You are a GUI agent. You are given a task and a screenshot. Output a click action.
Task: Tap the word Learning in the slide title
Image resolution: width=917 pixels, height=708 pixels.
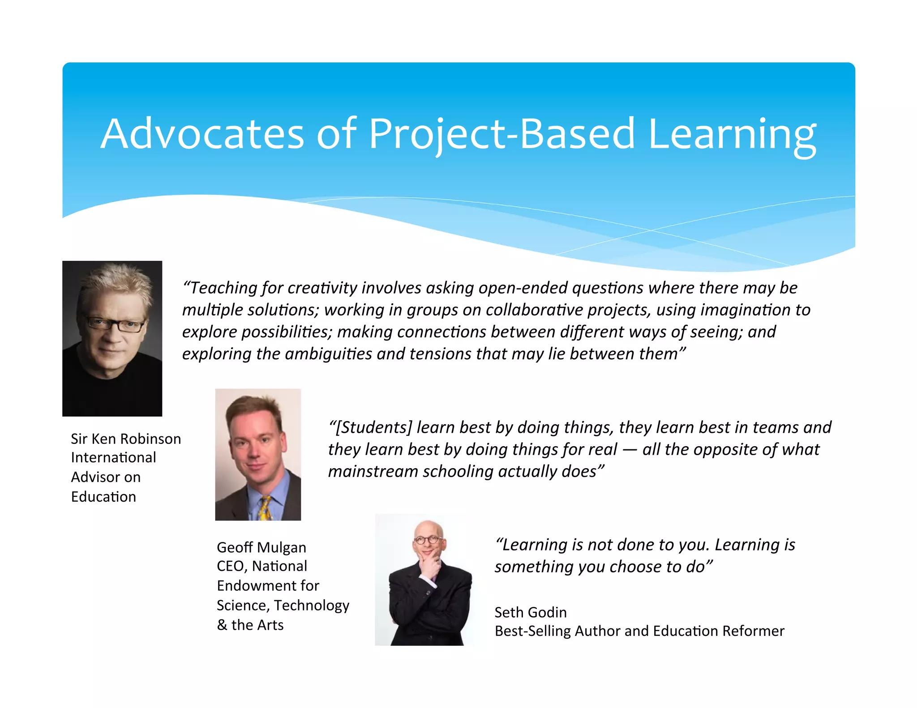pyautogui.click(x=732, y=134)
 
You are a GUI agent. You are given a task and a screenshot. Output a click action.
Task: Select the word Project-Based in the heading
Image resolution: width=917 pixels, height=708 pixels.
pyautogui.click(x=501, y=134)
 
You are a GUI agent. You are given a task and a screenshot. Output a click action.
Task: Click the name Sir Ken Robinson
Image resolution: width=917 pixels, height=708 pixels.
pyautogui.click(x=126, y=439)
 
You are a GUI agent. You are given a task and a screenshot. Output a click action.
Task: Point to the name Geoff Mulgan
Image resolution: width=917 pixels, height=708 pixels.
pyautogui.click(x=261, y=547)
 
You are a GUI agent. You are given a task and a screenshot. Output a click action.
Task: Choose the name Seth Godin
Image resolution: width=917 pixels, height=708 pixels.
pyautogui.click(x=531, y=612)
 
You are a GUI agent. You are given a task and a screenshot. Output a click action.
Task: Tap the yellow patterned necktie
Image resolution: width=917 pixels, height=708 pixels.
pyautogui.click(x=265, y=508)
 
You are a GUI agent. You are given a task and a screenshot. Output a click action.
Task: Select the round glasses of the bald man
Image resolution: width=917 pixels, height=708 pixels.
pyautogui.click(x=427, y=540)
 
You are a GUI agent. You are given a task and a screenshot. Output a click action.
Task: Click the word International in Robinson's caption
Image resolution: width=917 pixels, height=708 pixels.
pyautogui.click(x=113, y=457)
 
